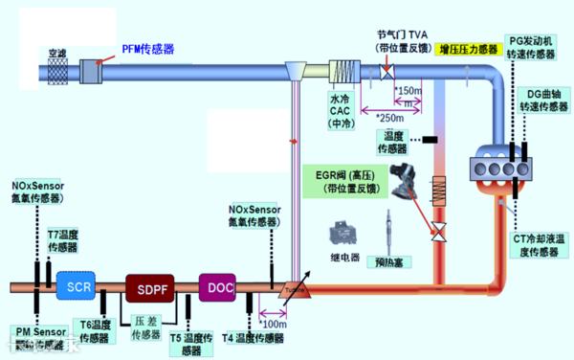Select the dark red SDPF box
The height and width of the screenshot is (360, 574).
click(149, 286)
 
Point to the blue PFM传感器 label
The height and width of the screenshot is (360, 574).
click(147, 49)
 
